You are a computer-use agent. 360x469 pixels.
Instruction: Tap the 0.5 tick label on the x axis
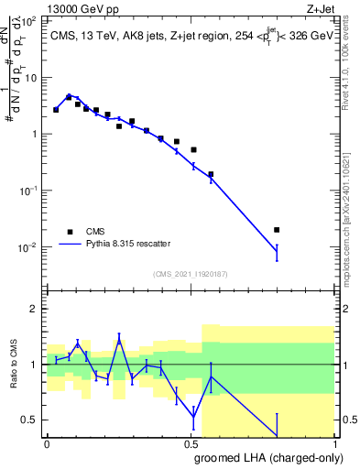tap(191, 443)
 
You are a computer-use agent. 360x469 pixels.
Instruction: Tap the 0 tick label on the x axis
tap(47, 443)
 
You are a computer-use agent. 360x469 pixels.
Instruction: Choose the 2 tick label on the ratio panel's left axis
tap(36, 309)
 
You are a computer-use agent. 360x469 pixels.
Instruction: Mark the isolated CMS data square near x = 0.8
tap(277, 230)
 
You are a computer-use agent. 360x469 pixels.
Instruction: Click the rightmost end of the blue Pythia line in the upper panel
tap(277, 250)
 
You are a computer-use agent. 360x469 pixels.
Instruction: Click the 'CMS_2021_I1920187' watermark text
tap(190, 274)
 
